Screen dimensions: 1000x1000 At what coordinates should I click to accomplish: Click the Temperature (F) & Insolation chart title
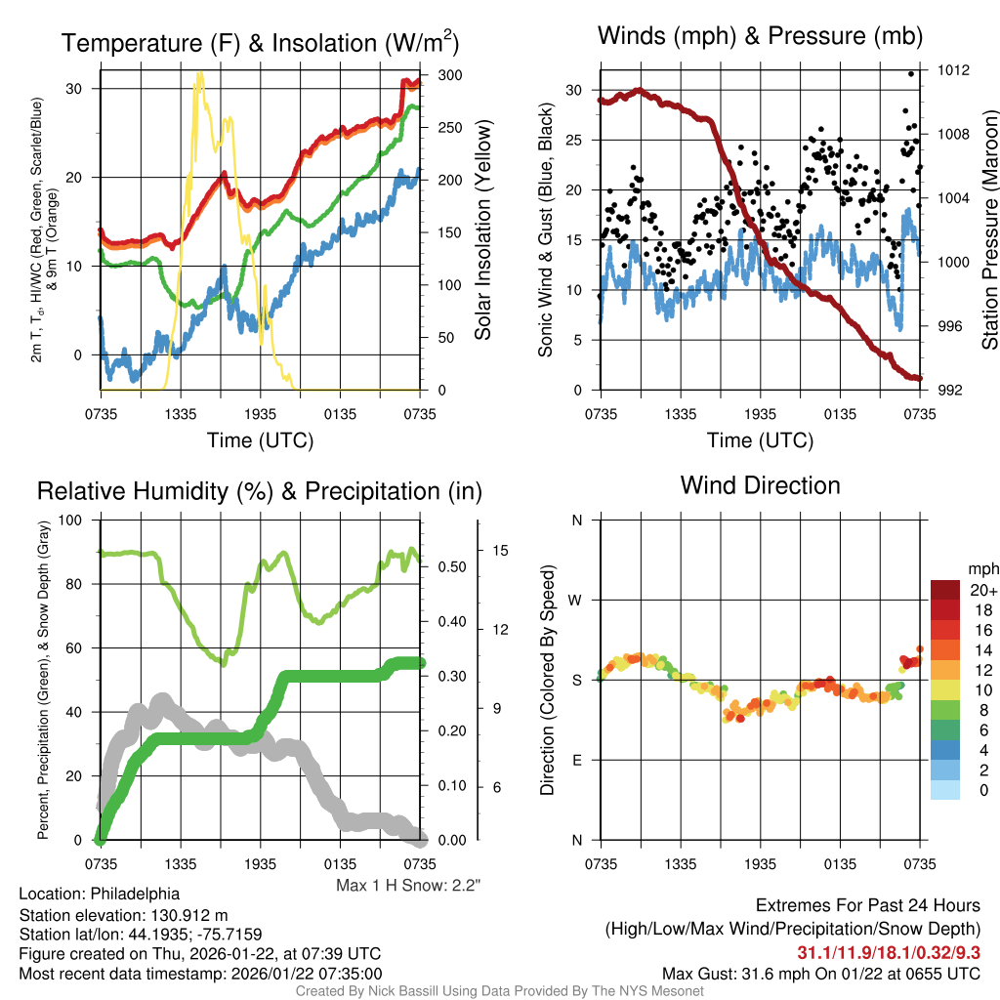260,43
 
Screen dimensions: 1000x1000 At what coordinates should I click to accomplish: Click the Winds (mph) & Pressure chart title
760,36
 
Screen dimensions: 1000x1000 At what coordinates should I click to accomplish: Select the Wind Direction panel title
760,484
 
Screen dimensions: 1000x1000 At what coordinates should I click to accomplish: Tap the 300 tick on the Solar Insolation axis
450,75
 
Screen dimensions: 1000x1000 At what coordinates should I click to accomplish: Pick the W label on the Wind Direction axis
577,600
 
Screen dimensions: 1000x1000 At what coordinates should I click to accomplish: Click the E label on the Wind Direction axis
577,760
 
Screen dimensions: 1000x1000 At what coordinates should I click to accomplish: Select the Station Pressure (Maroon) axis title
989,230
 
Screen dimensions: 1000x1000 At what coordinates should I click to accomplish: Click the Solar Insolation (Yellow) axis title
482,230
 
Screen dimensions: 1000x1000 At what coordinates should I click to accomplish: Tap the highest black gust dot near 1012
911,73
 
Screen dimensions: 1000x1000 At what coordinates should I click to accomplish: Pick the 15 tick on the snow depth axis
500,551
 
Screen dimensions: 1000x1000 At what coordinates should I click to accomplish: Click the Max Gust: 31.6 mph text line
820,973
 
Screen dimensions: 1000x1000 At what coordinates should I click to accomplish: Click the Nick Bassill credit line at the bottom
500,991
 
